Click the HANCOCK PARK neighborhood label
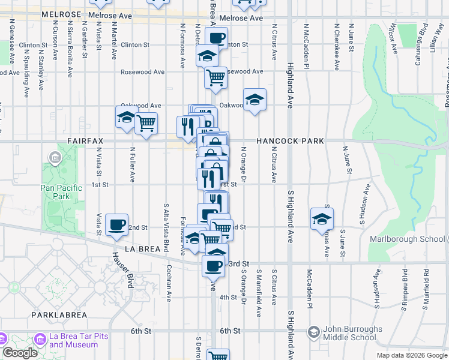[290, 141]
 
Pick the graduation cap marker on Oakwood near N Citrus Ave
[255, 99]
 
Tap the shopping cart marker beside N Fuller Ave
[146, 123]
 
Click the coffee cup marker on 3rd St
[213, 265]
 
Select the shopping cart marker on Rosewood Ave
[215, 76]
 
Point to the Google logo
[20, 353]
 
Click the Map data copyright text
[411, 355]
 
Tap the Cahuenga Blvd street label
[424, 37]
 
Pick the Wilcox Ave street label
[392, 37]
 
